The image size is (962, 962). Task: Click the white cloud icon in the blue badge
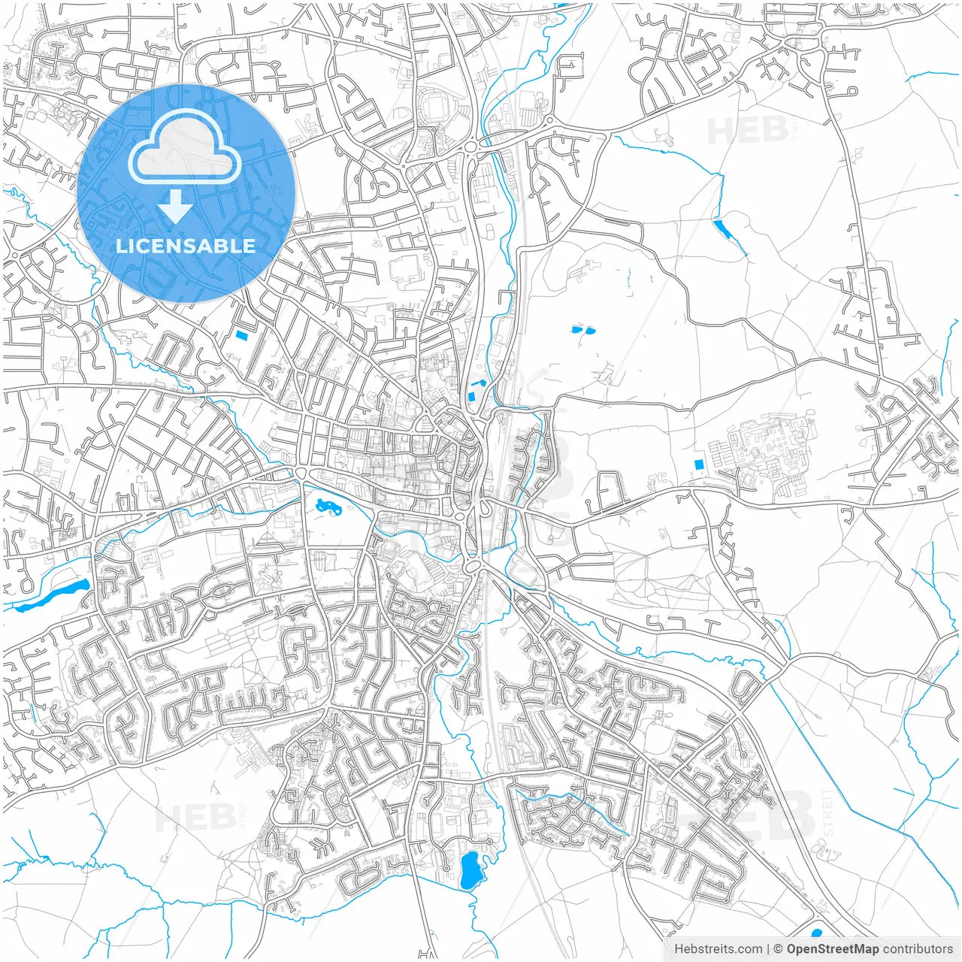tap(185, 147)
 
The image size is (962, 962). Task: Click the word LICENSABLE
tap(186, 246)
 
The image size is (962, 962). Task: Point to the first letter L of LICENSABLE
tap(120, 246)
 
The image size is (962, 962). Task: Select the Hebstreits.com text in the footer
tap(718, 949)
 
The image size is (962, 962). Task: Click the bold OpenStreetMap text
tap(833, 949)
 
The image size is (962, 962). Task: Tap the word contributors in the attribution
tap(917, 949)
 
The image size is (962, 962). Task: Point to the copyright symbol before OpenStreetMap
tap(779, 949)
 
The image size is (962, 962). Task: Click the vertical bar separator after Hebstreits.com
tap(768, 949)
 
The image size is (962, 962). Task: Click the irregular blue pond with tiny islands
tap(328, 506)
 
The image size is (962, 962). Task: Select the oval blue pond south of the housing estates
tap(470, 870)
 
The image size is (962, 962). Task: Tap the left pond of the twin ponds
tap(576, 329)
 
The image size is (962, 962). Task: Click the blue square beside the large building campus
tap(700, 464)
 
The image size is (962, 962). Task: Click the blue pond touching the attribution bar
tap(817, 934)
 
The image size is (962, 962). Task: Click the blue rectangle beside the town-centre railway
tap(472, 395)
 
